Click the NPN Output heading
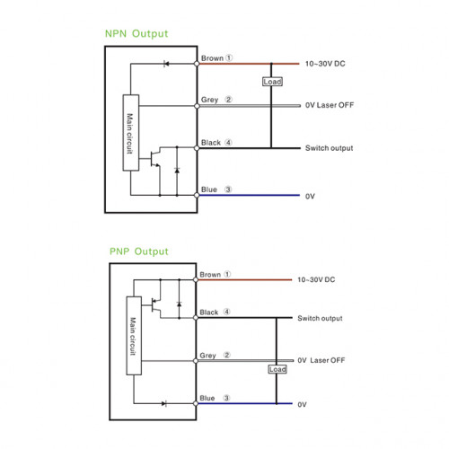[136, 34]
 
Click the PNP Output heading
[139, 251]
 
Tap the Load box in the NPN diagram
[272, 82]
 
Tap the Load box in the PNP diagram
[277, 369]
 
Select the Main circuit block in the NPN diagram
[131, 133]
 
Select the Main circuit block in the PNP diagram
[134, 336]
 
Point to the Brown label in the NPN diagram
[212, 58]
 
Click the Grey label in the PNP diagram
[207, 356]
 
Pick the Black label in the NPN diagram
[211, 143]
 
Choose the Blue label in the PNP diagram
[207, 398]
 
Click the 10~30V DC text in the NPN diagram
[325, 64]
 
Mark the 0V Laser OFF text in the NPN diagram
[330, 105]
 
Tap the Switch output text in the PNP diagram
[320, 319]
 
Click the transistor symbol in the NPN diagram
[154, 159]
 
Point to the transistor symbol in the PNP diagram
[155, 305]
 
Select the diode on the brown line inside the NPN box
[166, 64]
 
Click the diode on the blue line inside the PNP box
[164, 403]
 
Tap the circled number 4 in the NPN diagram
[228, 143]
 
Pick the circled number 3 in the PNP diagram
[226, 398]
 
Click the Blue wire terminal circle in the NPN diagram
[197, 196]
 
